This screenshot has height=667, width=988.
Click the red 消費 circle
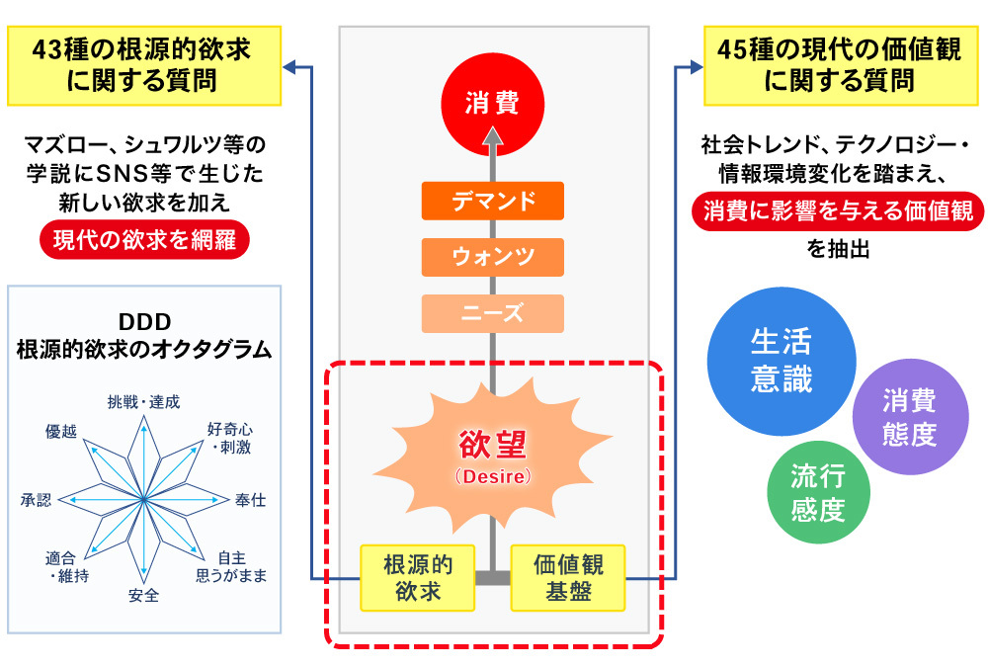click(492, 102)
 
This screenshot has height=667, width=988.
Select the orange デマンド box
click(492, 201)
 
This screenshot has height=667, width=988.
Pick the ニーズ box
click(492, 313)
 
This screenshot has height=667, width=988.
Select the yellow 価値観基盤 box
click(568, 578)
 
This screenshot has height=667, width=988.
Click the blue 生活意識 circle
click(781, 362)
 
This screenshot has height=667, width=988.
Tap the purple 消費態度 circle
click(909, 417)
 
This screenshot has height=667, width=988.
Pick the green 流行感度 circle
click(817, 493)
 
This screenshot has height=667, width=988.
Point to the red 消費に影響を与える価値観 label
click(838, 210)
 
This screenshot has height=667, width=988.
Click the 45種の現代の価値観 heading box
click(838, 65)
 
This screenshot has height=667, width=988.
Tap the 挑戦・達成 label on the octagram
click(144, 401)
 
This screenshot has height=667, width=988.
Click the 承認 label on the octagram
click(35, 500)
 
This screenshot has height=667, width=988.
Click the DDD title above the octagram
click(144, 321)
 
